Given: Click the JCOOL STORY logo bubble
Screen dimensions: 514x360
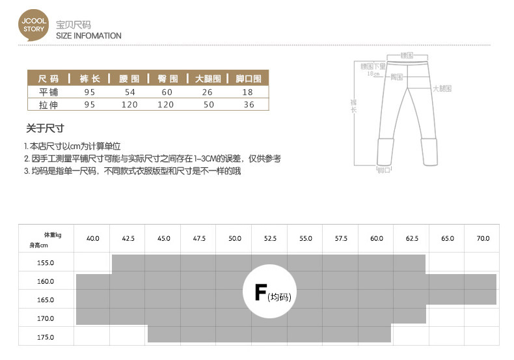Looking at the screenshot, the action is pyautogui.click(x=33, y=25).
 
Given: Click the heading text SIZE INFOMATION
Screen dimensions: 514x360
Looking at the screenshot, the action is pyautogui.click(x=88, y=36).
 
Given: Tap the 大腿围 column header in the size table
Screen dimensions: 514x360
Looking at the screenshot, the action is pyautogui.click(x=208, y=79).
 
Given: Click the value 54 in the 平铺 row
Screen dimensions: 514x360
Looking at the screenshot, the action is pyautogui.click(x=129, y=92).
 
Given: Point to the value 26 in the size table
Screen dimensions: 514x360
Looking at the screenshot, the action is pyautogui.click(x=208, y=92).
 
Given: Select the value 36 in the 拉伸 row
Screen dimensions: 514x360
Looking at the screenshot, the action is pyautogui.click(x=249, y=104).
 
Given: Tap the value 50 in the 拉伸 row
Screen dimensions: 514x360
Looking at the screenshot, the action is pyautogui.click(x=208, y=104).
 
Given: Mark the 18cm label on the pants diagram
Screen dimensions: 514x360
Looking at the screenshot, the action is pyautogui.click(x=373, y=74).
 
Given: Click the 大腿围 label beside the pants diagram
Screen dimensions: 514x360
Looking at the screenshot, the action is pyautogui.click(x=442, y=87).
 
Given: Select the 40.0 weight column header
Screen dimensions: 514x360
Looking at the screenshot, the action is pyautogui.click(x=93, y=239).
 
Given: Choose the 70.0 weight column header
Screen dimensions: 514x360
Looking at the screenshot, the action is pyautogui.click(x=483, y=239).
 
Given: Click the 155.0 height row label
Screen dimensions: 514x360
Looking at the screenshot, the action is pyautogui.click(x=46, y=263).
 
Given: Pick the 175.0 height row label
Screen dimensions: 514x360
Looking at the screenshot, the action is pyautogui.click(x=46, y=337).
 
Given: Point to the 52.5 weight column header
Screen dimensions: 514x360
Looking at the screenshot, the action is pyautogui.click(x=270, y=239).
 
